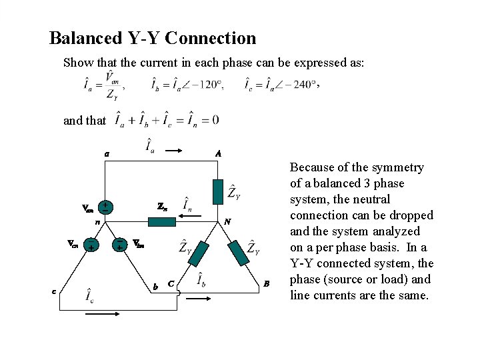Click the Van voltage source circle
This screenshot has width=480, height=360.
[x=105, y=207]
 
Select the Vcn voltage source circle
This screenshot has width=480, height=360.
[x=90, y=246]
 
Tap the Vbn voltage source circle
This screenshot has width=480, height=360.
[x=119, y=246]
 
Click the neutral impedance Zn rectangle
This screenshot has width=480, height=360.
[x=161, y=221]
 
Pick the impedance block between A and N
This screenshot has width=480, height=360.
[x=218, y=191]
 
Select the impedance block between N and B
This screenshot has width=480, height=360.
[x=237, y=254]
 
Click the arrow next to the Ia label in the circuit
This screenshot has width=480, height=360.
[x=173, y=151]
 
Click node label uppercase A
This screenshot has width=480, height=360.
[x=218, y=153]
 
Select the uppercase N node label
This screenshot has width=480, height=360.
[x=227, y=221]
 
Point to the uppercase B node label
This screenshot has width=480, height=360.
[x=266, y=284]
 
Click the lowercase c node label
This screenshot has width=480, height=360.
[x=55, y=289]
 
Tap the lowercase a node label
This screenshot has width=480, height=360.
[x=106, y=153]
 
